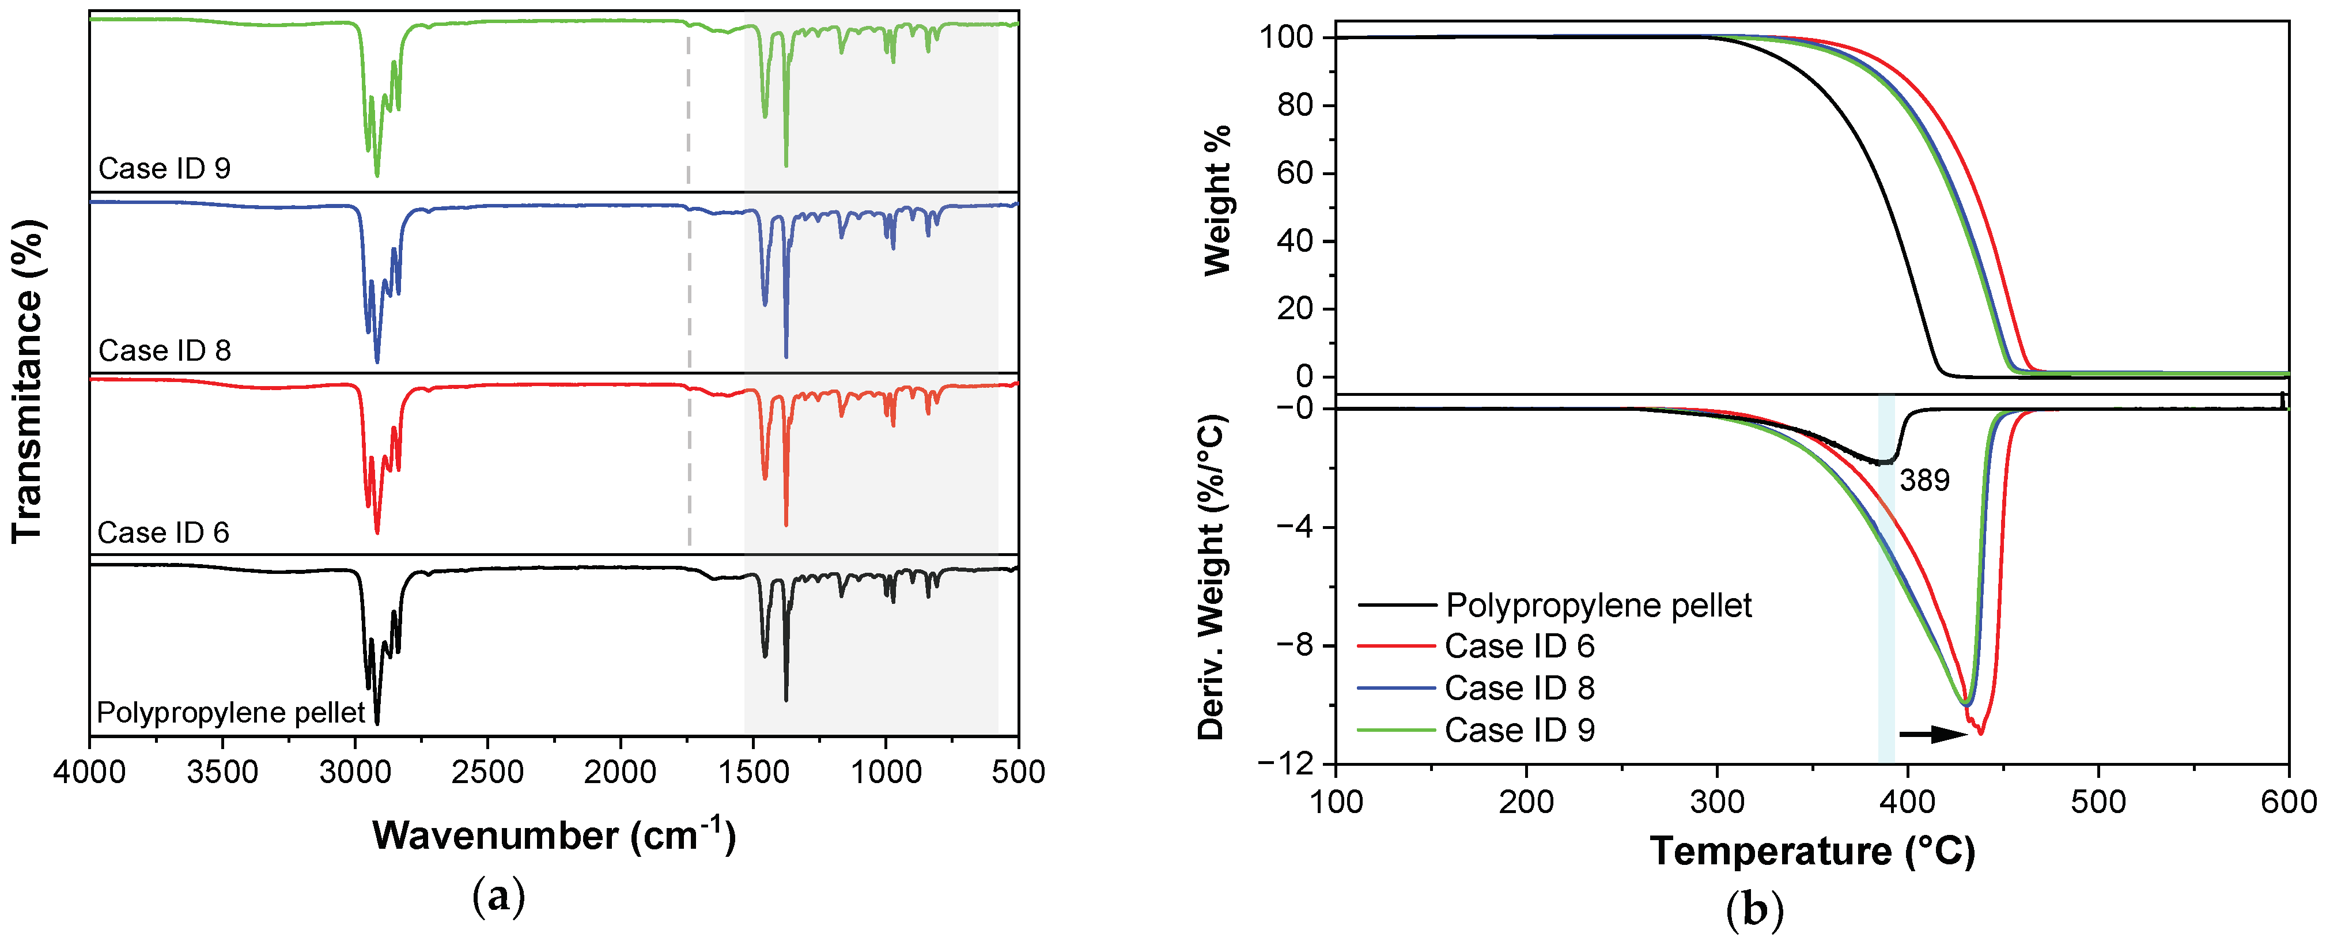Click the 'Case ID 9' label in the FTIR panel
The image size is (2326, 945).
[164, 169]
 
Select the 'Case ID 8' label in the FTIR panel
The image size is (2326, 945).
[164, 350]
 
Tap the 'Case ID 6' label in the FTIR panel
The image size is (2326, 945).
[164, 533]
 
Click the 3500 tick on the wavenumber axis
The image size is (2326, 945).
[222, 773]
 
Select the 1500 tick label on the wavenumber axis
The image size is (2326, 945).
[752, 773]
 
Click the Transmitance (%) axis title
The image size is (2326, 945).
[27, 380]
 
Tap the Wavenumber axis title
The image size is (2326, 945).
[554, 836]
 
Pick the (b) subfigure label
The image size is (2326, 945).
[1753, 910]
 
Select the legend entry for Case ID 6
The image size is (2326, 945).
[1520, 646]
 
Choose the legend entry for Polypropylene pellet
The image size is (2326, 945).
[1598, 605]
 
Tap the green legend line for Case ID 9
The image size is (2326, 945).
[1396, 730]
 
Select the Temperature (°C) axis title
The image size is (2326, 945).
[1812, 852]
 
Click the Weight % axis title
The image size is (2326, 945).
[1218, 201]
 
